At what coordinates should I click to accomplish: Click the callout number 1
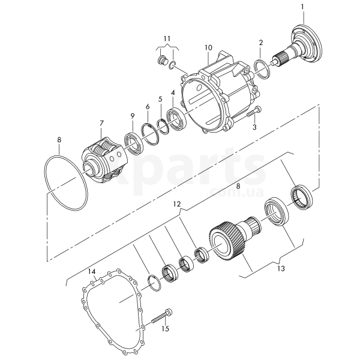coord(302,7)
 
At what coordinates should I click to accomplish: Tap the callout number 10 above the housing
coord(209,48)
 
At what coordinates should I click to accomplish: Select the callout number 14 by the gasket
coord(92,272)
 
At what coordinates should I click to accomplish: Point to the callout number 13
coord(281,268)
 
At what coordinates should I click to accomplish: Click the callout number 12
coord(177,204)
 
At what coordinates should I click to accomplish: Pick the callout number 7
coord(101,123)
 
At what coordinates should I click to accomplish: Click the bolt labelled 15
coord(161,317)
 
